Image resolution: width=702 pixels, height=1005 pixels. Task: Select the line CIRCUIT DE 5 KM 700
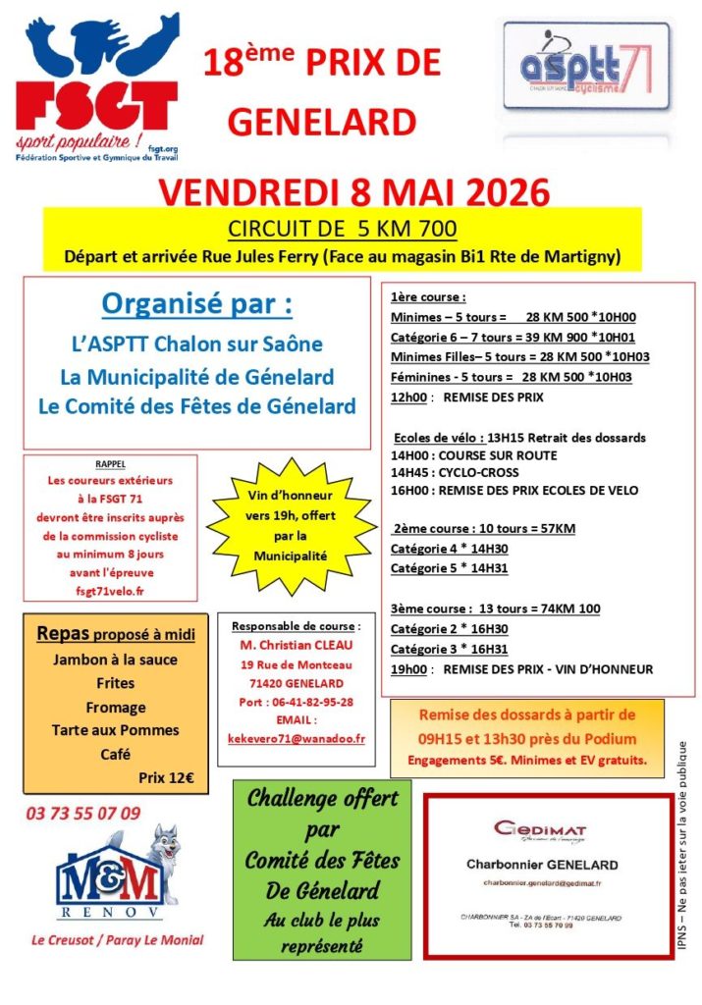point(342,230)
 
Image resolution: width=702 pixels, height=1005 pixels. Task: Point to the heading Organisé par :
point(197,304)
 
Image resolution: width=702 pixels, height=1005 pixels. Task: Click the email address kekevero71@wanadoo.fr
point(296,737)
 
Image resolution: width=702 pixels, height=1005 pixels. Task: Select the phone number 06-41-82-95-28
point(296,702)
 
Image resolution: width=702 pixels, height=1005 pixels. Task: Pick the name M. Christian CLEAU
point(296,646)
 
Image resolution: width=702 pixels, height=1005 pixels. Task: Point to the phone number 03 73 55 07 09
point(83,813)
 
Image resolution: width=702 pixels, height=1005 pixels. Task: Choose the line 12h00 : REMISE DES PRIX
point(466,397)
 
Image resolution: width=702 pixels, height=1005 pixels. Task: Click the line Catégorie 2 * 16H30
point(450,629)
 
